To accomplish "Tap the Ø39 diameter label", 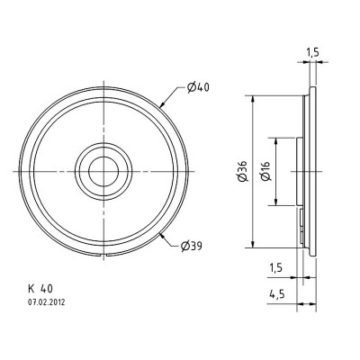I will point(197,244).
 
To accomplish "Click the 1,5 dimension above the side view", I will point(311,53).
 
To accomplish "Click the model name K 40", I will point(41,289).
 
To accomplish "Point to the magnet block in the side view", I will point(301,170).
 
